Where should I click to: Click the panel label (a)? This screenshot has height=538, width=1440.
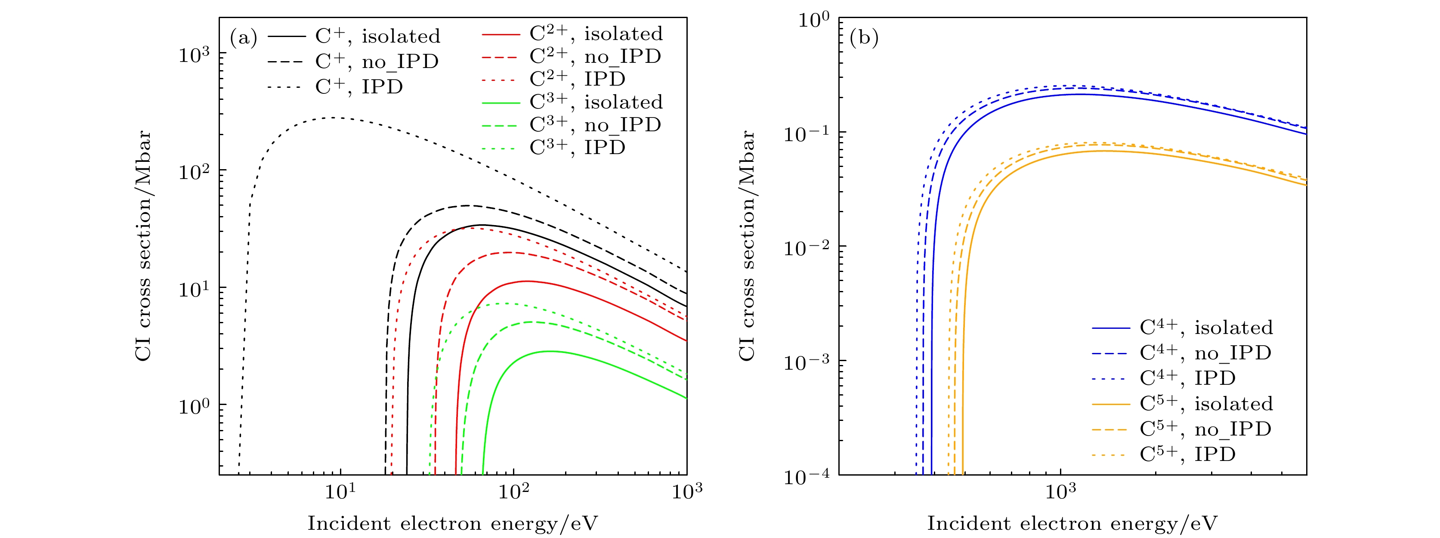243,38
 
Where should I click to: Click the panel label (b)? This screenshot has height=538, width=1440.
864,38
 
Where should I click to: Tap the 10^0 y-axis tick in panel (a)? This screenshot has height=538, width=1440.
193,405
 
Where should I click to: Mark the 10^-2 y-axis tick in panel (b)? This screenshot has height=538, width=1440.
808,247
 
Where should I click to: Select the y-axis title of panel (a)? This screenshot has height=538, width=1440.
144,246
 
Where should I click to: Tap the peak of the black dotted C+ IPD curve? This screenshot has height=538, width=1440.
334,117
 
